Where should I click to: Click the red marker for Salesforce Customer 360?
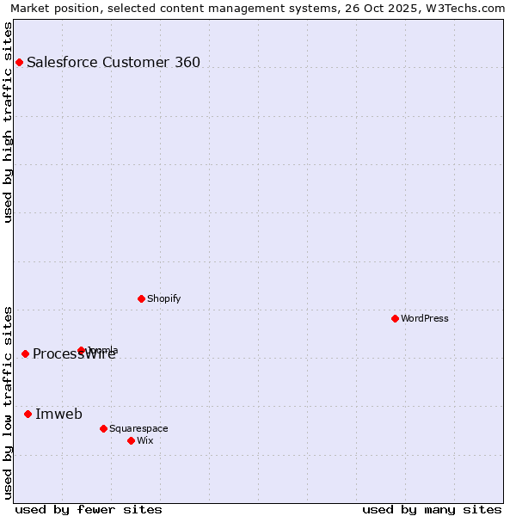click(x=19, y=62)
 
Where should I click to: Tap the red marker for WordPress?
click(x=395, y=318)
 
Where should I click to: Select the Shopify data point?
click(x=141, y=298)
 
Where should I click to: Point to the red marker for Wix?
click(x=131, y=440)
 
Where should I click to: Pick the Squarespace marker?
click(x=103, y=428)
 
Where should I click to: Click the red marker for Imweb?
click(x=28, y=414)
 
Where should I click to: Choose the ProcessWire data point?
click(x=25, y=353)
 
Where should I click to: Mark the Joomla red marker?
click(x=82, y=350)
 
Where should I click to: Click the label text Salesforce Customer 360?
click(x=114, y=62)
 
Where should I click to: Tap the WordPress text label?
click(x=425, y=318)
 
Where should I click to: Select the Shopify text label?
click(x=163, y=298)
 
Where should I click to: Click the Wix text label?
click(x=144, y=440)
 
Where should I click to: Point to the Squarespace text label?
click(x=138, y=428)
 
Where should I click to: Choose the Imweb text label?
click(x=58, y=414)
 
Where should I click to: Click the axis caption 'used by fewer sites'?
click(x=89, y=509)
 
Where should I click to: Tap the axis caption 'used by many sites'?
click(x=432, y=509)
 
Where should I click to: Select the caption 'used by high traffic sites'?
click(x=9, y=122)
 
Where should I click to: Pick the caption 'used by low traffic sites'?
click(x=9, y=402)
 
